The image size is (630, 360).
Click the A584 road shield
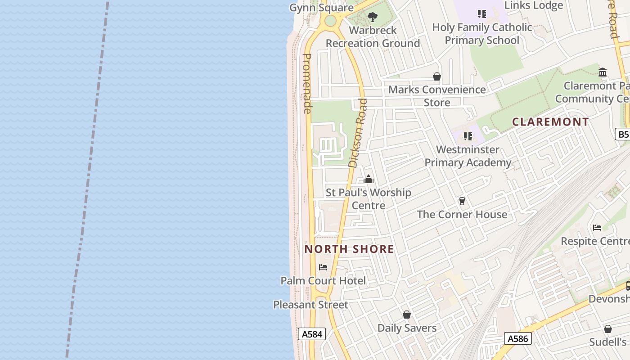(312, 334)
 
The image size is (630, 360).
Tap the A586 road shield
(517, 338)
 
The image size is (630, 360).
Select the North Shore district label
(349, 249)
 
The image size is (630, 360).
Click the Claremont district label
(550, 121)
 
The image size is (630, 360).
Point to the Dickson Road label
(358, 133)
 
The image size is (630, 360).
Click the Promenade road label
(307, 83)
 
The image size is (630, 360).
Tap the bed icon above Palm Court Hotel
(323, 267)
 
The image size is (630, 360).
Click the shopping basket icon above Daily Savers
(407, 314)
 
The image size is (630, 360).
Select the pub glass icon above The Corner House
(462, 201)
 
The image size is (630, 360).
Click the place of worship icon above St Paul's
(369, 180)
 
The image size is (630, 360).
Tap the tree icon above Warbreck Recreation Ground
(372, 17)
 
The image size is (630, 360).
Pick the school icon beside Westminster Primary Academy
(468, 136)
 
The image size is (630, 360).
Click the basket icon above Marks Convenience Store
(437, 76)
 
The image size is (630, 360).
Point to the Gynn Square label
(321, 8)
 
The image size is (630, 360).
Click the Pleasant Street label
(310, 305)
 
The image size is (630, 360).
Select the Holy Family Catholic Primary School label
(482, 34)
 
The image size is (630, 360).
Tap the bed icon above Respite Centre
(597, 227)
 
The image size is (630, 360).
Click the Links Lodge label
(534, 5)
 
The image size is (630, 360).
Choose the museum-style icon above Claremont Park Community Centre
(603, 72)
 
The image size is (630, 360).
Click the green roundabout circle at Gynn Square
(330, 21)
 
